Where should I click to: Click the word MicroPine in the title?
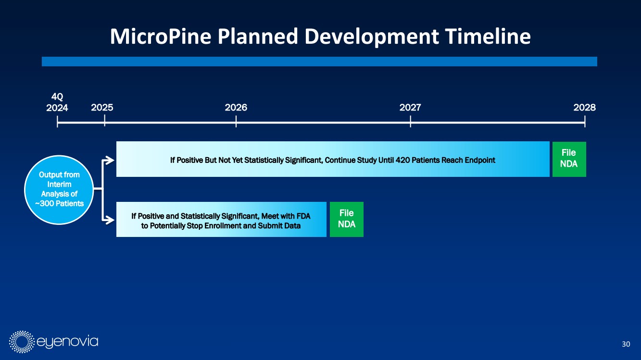click(x=161, y=37)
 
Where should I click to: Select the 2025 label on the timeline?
click(x=102, y=108)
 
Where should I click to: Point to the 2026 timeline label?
click(x=236, y=108)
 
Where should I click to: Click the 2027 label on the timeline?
click(x=410, y=108)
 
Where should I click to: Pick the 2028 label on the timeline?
click(x=584, y=108)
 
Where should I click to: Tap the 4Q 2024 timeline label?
click(x=57, y=102)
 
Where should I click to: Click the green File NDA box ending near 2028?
click(x=569, y=159)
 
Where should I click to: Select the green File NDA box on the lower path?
click(x=347, y=219)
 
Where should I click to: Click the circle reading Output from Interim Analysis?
click(x=59, y=190)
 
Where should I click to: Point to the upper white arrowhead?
click(x=109, y=160)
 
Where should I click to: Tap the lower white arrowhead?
click(x=109, y=220)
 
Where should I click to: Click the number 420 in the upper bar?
click(x=403, y=160)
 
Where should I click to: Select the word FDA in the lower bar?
click(x=303, y=216)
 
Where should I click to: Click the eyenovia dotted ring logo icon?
click(x=22, y=342)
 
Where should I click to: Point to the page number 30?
click(x=626, y=344)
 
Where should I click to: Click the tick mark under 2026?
click(x=236, y=122)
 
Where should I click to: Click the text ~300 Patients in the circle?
click(x=59, y=204)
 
